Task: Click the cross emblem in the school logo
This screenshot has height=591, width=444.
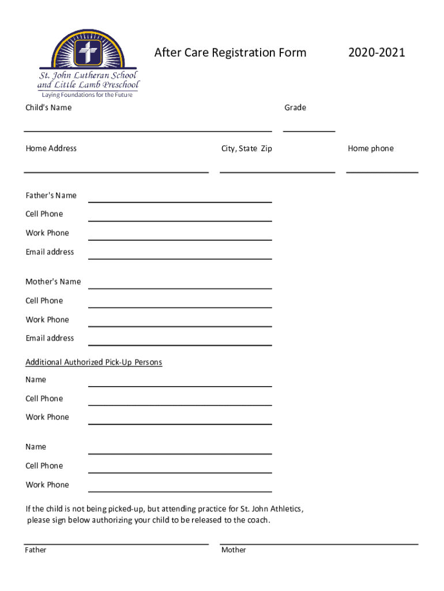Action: coord(88,53)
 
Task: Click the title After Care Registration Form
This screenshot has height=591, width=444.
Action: coord(230,53)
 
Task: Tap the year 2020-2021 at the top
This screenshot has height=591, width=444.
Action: coord(377,53)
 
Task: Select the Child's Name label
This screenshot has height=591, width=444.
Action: coord(48,108)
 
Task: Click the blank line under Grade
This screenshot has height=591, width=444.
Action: coord(309,130)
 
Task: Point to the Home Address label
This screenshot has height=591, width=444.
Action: coord(51,149)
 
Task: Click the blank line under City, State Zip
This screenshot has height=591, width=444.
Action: coord(277,171)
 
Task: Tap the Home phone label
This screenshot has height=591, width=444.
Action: coord(371,149)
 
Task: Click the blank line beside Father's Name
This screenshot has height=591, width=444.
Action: coord(179,201)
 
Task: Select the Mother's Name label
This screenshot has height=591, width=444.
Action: coord(53,282)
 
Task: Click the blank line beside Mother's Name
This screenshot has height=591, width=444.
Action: coord(179,287)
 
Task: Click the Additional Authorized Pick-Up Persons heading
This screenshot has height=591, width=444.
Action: coord(93,362)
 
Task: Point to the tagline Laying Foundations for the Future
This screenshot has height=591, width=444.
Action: coord(85,95)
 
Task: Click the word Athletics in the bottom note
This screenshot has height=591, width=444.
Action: coord(284,509)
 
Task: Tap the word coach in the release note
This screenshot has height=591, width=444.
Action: coord(257,521)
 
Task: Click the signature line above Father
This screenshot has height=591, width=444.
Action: coord(116,543)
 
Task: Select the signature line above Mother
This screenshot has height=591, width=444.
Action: coord(319,543)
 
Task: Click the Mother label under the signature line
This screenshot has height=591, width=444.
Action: coord(234,551)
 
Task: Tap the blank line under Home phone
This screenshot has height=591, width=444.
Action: coord(382,171)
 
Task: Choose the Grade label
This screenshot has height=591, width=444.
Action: coord(295,108)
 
